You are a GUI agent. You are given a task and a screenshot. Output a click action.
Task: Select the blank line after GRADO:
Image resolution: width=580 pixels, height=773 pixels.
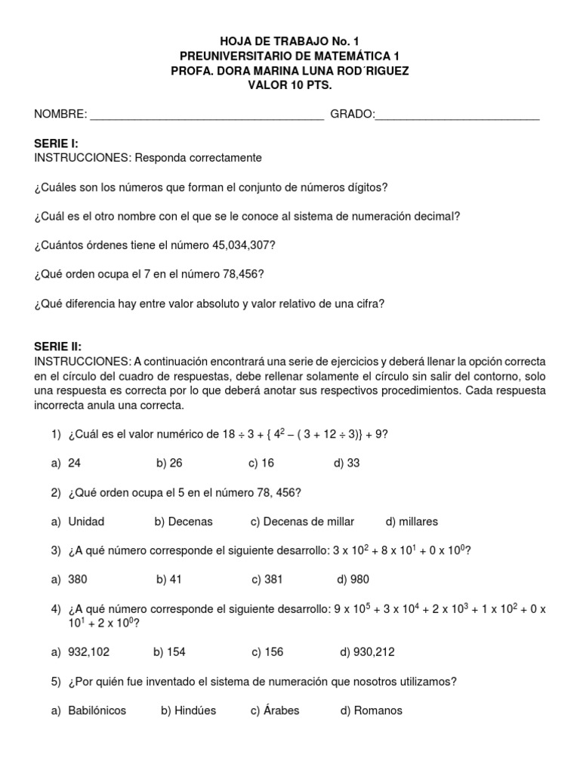coord(457,115)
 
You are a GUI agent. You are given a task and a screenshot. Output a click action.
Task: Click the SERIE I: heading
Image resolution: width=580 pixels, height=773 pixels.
coord(57,143)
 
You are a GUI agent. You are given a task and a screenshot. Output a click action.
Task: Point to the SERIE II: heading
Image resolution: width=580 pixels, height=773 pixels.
coord(59,346)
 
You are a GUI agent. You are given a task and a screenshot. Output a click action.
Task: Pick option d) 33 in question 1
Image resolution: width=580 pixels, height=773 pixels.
coord(347,463)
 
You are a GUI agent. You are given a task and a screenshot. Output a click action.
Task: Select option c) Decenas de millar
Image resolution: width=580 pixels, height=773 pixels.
coord(302,522)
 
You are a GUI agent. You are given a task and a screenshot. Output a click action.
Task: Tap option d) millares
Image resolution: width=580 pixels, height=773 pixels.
coord(412,522)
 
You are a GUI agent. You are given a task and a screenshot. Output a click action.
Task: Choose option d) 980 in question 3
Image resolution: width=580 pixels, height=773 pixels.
coord(354,579)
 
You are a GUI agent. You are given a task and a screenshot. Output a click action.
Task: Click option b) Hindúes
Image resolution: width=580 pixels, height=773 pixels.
coord(189,710)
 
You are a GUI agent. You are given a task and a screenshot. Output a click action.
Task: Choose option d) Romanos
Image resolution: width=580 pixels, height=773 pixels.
coord(372,710)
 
